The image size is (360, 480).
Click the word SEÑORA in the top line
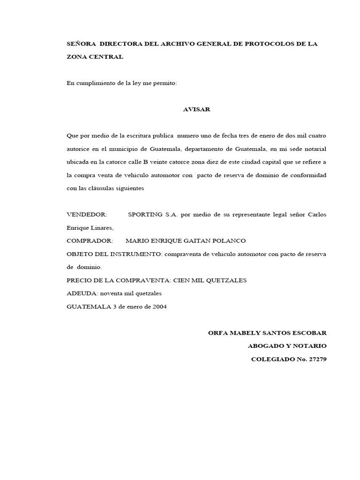tap(82, 44)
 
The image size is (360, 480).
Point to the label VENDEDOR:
tap(87, 214)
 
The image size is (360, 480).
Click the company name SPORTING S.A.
tap(150, 214)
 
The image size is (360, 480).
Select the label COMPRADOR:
tap(90, 240)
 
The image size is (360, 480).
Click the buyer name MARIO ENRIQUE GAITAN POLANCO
tap(186, 240)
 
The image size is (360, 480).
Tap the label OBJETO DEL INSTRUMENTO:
tap(114, 254)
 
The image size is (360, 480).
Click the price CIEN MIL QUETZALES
tap(210, 280)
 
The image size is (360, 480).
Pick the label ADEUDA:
tap(81, 293)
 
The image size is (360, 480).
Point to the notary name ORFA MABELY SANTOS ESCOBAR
tap(267, 333)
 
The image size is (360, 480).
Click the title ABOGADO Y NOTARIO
tap(287, 346)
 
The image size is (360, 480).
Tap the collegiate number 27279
tap(316, 359)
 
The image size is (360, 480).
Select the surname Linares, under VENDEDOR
tap(102, 227)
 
